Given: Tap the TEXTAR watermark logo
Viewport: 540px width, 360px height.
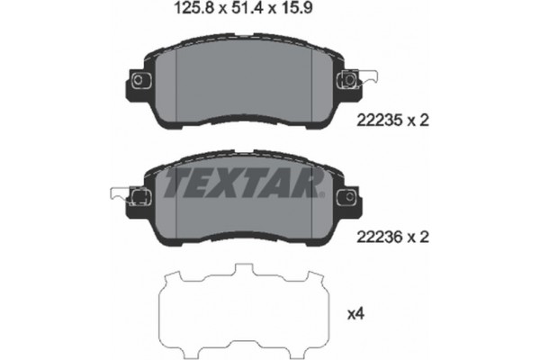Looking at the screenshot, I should (x=240, y=185).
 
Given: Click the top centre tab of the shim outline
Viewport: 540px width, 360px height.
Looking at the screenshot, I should (x=241, y=273).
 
